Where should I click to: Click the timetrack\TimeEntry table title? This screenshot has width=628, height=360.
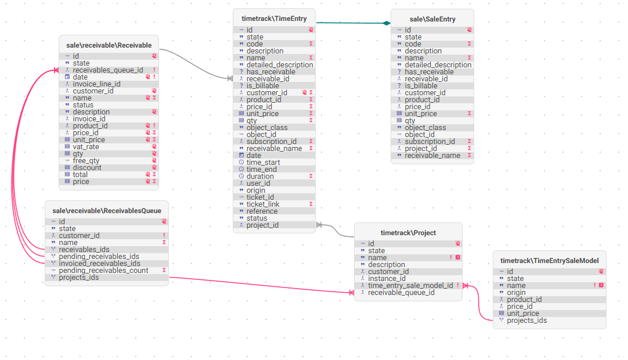tap(274, 19)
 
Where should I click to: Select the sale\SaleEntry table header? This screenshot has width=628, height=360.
tap(432, 19)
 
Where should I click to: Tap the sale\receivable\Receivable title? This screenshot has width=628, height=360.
tap(109, 45)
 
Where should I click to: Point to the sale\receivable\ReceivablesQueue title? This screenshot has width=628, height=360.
tap(107, 211)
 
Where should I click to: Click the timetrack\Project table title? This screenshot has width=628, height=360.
tap(408, 233)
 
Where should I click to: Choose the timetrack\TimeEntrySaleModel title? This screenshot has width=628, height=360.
tap(550, 261)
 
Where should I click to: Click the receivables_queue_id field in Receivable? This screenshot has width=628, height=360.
tap(108, 70)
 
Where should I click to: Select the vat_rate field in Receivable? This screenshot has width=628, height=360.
tap(86, 147)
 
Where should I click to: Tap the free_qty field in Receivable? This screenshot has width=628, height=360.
tap(86, 161)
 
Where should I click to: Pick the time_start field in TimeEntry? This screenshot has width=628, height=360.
tap(263, 163)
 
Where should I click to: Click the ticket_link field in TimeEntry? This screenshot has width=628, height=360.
tap(263, 204)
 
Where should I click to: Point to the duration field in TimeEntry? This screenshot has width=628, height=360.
tap(260, 177)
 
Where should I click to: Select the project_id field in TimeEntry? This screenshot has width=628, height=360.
tap(262, 225)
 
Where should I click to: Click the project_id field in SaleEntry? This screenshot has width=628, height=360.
tap(421, 148)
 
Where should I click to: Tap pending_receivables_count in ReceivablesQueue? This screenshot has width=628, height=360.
tap(103, 271)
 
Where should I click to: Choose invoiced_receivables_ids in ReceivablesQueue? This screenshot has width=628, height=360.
tap(99, 264)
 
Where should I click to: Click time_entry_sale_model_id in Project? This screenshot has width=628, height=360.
tap(410, 286)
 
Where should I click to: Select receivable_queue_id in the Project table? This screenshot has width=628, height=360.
tap(401, 293)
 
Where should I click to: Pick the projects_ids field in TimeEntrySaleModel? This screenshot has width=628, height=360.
tap(526, 321)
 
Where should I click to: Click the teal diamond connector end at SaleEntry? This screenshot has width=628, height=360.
tap(387, 23)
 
